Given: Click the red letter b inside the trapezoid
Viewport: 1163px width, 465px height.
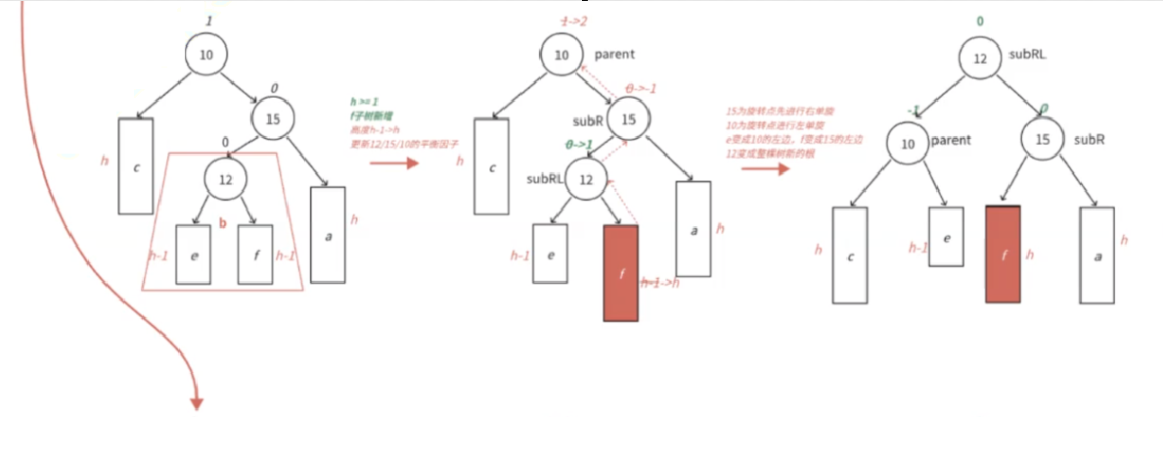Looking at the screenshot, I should pos(222,224).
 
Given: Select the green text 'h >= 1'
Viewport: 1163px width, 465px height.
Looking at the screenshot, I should pos(365,101).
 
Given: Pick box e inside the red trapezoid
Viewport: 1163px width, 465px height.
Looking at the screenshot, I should pos(193,255).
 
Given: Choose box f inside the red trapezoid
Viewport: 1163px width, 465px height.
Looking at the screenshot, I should pos(254,255).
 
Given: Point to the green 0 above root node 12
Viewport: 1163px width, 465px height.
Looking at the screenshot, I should pos(979,20).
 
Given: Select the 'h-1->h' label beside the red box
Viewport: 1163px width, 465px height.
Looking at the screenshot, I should pos(662,282).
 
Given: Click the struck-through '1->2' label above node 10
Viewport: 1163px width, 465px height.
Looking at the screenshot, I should pos(573,22).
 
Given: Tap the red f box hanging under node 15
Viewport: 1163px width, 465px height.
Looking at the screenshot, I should pos(1003,254).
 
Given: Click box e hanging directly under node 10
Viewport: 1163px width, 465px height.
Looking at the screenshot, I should pos(945,236).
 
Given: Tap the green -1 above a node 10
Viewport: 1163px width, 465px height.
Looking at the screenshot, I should pos(912,110).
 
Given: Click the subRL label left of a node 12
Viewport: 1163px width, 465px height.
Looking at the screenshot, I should pos(545,179).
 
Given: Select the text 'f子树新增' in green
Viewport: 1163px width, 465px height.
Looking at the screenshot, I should pos(372,116).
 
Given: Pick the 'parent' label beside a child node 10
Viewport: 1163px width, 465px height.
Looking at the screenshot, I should pos(951,140).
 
